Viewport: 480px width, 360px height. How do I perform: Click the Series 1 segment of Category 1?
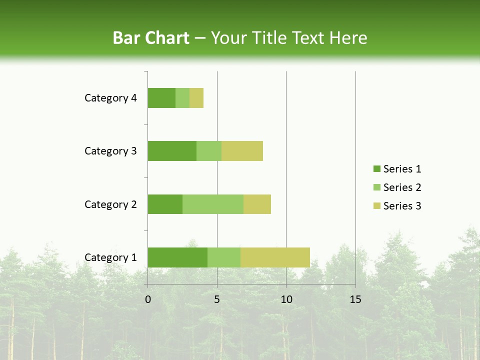click(x=177, y=257)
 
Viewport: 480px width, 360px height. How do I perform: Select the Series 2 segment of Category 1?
click(x=224, y=257)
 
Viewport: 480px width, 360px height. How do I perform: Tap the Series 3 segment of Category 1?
click(x=275, y=257)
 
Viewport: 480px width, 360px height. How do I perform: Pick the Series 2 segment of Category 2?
click(x=213, y=204)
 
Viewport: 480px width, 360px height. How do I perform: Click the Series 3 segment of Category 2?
click(x=257, y=204)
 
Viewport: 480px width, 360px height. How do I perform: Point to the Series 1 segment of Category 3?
click(x=172, y=151)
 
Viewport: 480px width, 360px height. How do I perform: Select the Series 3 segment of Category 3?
click(x=242, y=151)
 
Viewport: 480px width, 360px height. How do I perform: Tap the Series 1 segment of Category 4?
click(x=161, y=98)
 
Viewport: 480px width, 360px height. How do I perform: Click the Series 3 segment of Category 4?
click(x=196, y=98)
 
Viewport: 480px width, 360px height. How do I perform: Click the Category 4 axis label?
click(x=110, y=98)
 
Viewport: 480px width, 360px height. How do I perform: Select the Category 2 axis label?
click(x=110, y=204)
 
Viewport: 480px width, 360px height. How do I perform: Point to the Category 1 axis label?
click(x=110, y=257)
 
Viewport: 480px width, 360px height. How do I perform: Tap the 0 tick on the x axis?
click(x=148, y=299)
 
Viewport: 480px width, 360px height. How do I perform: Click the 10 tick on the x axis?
click(x=286, y=299)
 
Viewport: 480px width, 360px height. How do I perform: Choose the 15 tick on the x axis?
click(x=355, y=299)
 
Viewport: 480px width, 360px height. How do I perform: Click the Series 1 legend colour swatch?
click(x=376, y=169)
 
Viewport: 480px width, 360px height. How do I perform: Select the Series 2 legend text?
click(x=402, y=187)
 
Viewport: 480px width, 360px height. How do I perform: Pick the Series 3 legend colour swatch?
click(x=376, y=206)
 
